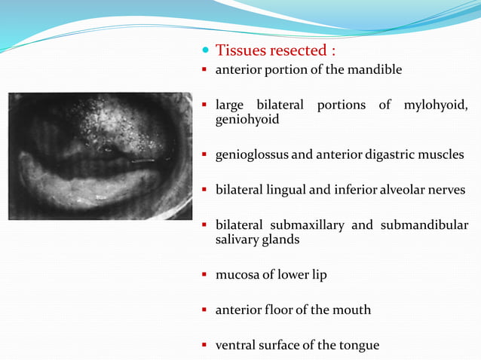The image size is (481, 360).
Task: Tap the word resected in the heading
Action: tap(296, 50)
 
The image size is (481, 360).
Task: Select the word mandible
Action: tap(377, 70)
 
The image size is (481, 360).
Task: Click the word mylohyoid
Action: tap(436, 104)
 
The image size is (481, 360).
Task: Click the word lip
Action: tap(318, 275)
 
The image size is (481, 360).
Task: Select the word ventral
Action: tap(235, 346)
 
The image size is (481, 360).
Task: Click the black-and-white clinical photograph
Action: tap(100, 155)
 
